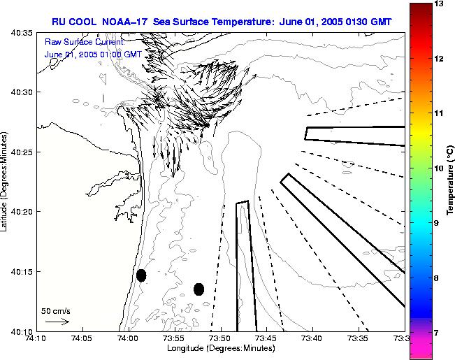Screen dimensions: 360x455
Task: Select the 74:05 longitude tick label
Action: [x=82, y=338]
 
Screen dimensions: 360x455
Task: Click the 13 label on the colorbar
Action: [x=440, y=4]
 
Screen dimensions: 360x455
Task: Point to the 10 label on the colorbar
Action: [x=440, y=168]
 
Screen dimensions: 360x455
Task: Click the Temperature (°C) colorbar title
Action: [x=451, y=180]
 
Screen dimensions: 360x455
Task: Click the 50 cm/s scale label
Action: [x=55, y=311]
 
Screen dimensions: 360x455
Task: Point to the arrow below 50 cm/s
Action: [x=57, y=322]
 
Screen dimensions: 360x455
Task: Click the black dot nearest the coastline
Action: [x=141, y=275]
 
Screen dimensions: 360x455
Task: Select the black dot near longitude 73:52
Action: [x=198, y=289]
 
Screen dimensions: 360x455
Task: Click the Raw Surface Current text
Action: [x=83, y=43]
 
